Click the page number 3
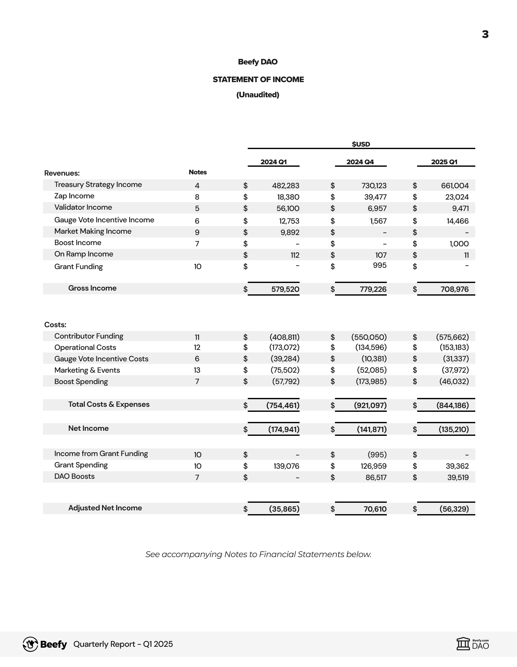[x=485, y=34]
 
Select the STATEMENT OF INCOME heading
[x=258, y=80]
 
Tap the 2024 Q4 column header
[x=360, y=162]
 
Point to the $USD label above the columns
[x=361, y=144]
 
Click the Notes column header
[x=198, y=172]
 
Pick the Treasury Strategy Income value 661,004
[x=455, y=186]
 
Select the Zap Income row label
[x=74, y=196]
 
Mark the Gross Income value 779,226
[x=373, y=289]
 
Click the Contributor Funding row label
[x=89, y=336]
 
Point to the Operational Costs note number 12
[x=197, y=347]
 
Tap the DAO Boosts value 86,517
[x=376, y=478]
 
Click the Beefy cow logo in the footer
[x=30, y=644]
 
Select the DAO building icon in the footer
[x=463, y=644]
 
